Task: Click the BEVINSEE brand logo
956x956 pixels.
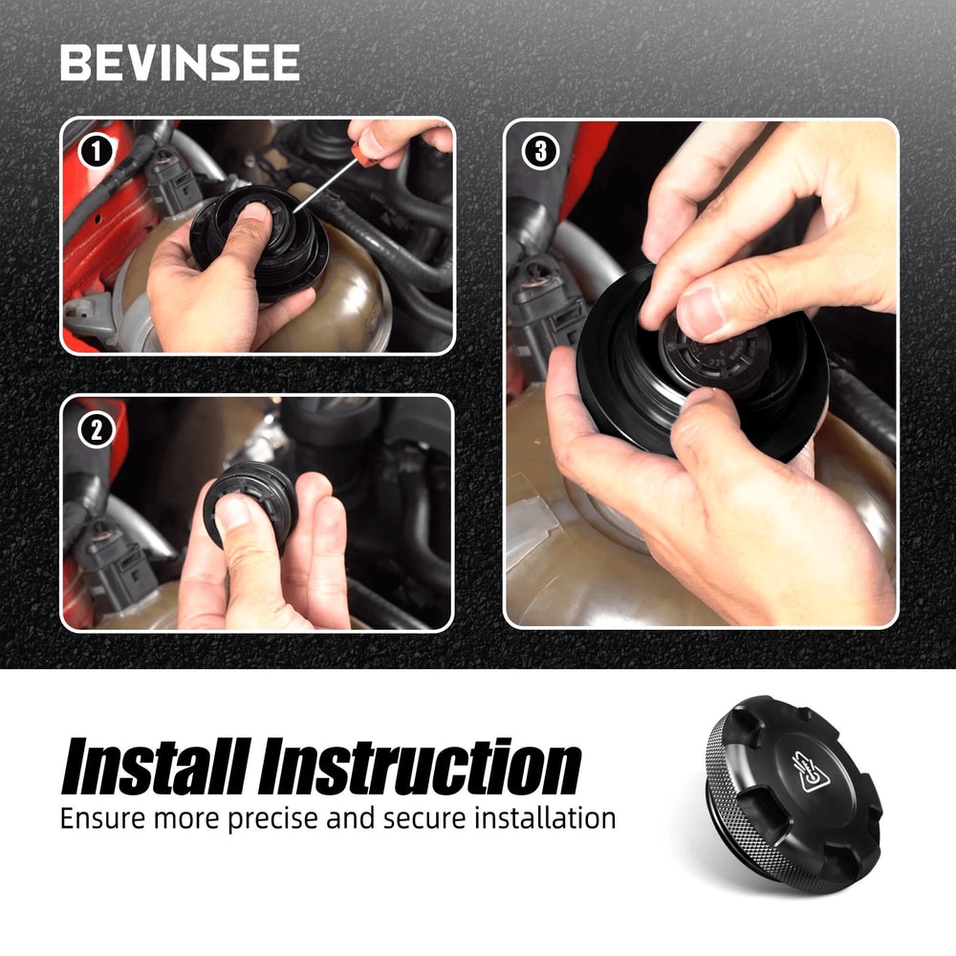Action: pyautogui.click(x=180, y=62)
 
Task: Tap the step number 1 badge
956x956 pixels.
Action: pyautogui.click(x=97, y=152)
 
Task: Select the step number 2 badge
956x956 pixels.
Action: pyautogui.click(x=97, y=430)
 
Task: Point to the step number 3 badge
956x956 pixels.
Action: pyautogui.click(x=540, y=152)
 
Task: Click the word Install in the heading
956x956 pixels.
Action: pyautogui.click(x=157, y=767)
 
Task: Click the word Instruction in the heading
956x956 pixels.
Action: pyautogui.click(x=420, y=767)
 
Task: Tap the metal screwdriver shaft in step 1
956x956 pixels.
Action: pyautogui.click(x=323, y=185)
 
